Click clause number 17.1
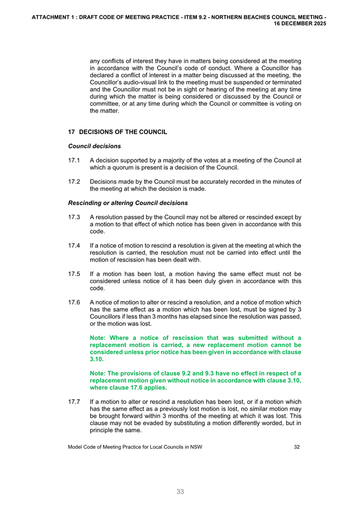tap(74, 160)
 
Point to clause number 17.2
tap(74, 182)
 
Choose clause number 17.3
tap(74, 217)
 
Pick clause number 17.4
tap(74, 246)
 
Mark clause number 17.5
tap(74, 274)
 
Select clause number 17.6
tap(74, 302)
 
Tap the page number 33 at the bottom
tap(180, 492)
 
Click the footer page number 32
tap(297, 447)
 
